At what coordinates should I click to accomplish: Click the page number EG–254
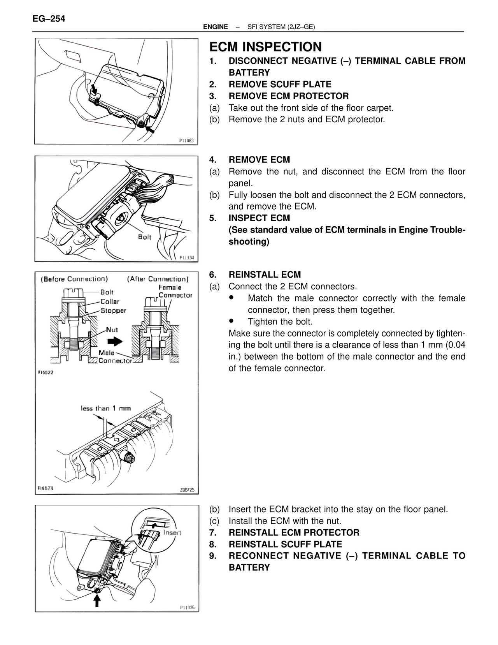pyautogui.click(x=49, y=18)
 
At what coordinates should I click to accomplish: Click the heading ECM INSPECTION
pyautogui.click(x=265, y=47)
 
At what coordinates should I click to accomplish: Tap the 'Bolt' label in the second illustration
pyautogui.click(x=145, y=237)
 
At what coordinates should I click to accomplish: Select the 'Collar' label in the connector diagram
pyautogui.click(x=110, y=301)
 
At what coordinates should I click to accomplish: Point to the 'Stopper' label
pyautogui.click(x=113, y=310)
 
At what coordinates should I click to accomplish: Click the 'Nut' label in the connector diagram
pyautogui.click(x=112, y=330)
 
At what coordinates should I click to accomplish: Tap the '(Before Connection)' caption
pyautogui.click(x=74, y=279)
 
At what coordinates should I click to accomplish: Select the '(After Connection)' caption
pyautogui.click(x=158, y=279)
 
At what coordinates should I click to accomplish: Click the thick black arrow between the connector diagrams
pyautogui.click(x=115, y=342)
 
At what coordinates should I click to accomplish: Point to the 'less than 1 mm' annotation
pyautogui.click(x=105, y=408)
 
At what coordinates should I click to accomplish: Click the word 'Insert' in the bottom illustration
pyautogui.click(x=172, y=532)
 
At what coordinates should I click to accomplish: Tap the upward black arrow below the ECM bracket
pyautogui.click(x=97, y=601)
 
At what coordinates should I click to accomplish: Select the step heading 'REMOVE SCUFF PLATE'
pyautogui.click(x=280, y=85)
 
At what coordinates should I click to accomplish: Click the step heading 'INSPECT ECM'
pyautogui.click(x=259, y=218)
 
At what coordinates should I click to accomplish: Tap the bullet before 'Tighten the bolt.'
pyautogui.click(x=231, y=321)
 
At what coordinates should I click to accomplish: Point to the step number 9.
pyautogui.click(x=212, y=556)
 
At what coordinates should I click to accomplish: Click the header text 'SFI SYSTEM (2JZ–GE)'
pyautogui.click(x=281, y=27)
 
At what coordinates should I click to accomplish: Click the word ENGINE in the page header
pyautogui.click(x=216, y=27)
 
